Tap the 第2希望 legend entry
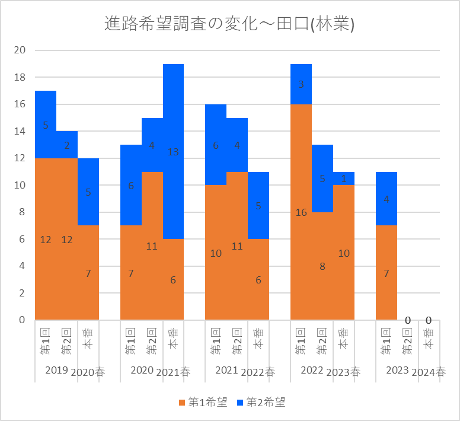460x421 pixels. tap(261, 403)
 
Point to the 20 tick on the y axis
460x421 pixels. tap(20, 50)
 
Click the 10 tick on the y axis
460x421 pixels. tap(20, 185)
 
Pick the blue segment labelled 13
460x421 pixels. tap(173, 152)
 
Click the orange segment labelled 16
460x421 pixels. tap(301, 212)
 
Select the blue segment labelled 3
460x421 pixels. tap(301, 84)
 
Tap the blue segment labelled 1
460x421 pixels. tap(344, 178)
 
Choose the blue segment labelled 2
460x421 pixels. tap(67, 145)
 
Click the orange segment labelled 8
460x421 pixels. tap(322, 266)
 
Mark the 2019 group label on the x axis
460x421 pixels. tap(56, 370)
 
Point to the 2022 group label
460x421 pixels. tap(312, 370)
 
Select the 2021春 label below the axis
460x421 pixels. tap(173, 372)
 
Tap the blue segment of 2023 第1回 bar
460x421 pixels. tap(386, 199)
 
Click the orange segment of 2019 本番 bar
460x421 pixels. tap(88, 273)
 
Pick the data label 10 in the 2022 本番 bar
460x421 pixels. tap(344, 253)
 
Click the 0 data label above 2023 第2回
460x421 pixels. tap(408, 321)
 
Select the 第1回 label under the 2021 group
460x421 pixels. tap(216, 341)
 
